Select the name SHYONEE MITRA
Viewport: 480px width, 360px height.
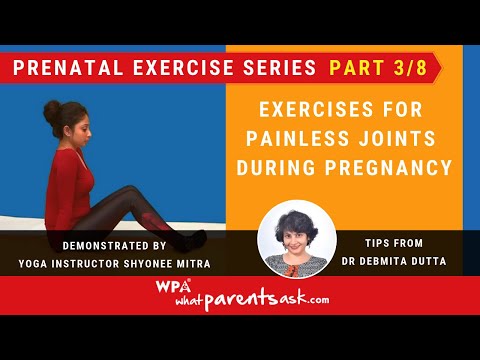click(x=175, y=262)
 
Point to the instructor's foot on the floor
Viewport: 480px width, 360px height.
click(x=195, y=238)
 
